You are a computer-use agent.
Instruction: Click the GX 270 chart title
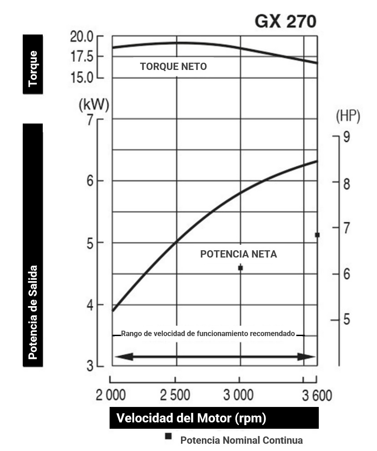click(x=285, y=21)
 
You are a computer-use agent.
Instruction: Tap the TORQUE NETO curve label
click(x=173, y=67)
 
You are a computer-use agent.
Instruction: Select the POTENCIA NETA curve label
click(x=238, y=254)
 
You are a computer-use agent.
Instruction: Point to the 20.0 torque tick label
click(x=81, y=36)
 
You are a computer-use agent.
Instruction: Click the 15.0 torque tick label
click(x=81, y=77)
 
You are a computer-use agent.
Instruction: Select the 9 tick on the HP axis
click(x=347, y=137)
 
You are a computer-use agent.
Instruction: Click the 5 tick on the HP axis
click(x=347, y=320)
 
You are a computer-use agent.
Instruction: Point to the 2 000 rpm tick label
click(x=111, y=395)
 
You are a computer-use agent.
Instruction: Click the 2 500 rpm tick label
click(x=175, y=395)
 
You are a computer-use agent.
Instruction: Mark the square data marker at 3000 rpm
click(x=241, y=268)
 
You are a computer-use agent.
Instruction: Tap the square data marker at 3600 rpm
click(x=317, y=235)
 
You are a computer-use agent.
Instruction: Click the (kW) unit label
click(x=94, y=105)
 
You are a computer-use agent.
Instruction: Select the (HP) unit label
click(x=348, y=116)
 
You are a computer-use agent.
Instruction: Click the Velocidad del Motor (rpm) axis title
click(x=191, y=418)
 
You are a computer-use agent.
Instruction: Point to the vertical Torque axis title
click(x=33, y=68)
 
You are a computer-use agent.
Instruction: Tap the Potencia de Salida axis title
click(x=33, y=312)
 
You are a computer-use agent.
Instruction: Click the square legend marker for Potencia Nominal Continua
click(x=168, y=436)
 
